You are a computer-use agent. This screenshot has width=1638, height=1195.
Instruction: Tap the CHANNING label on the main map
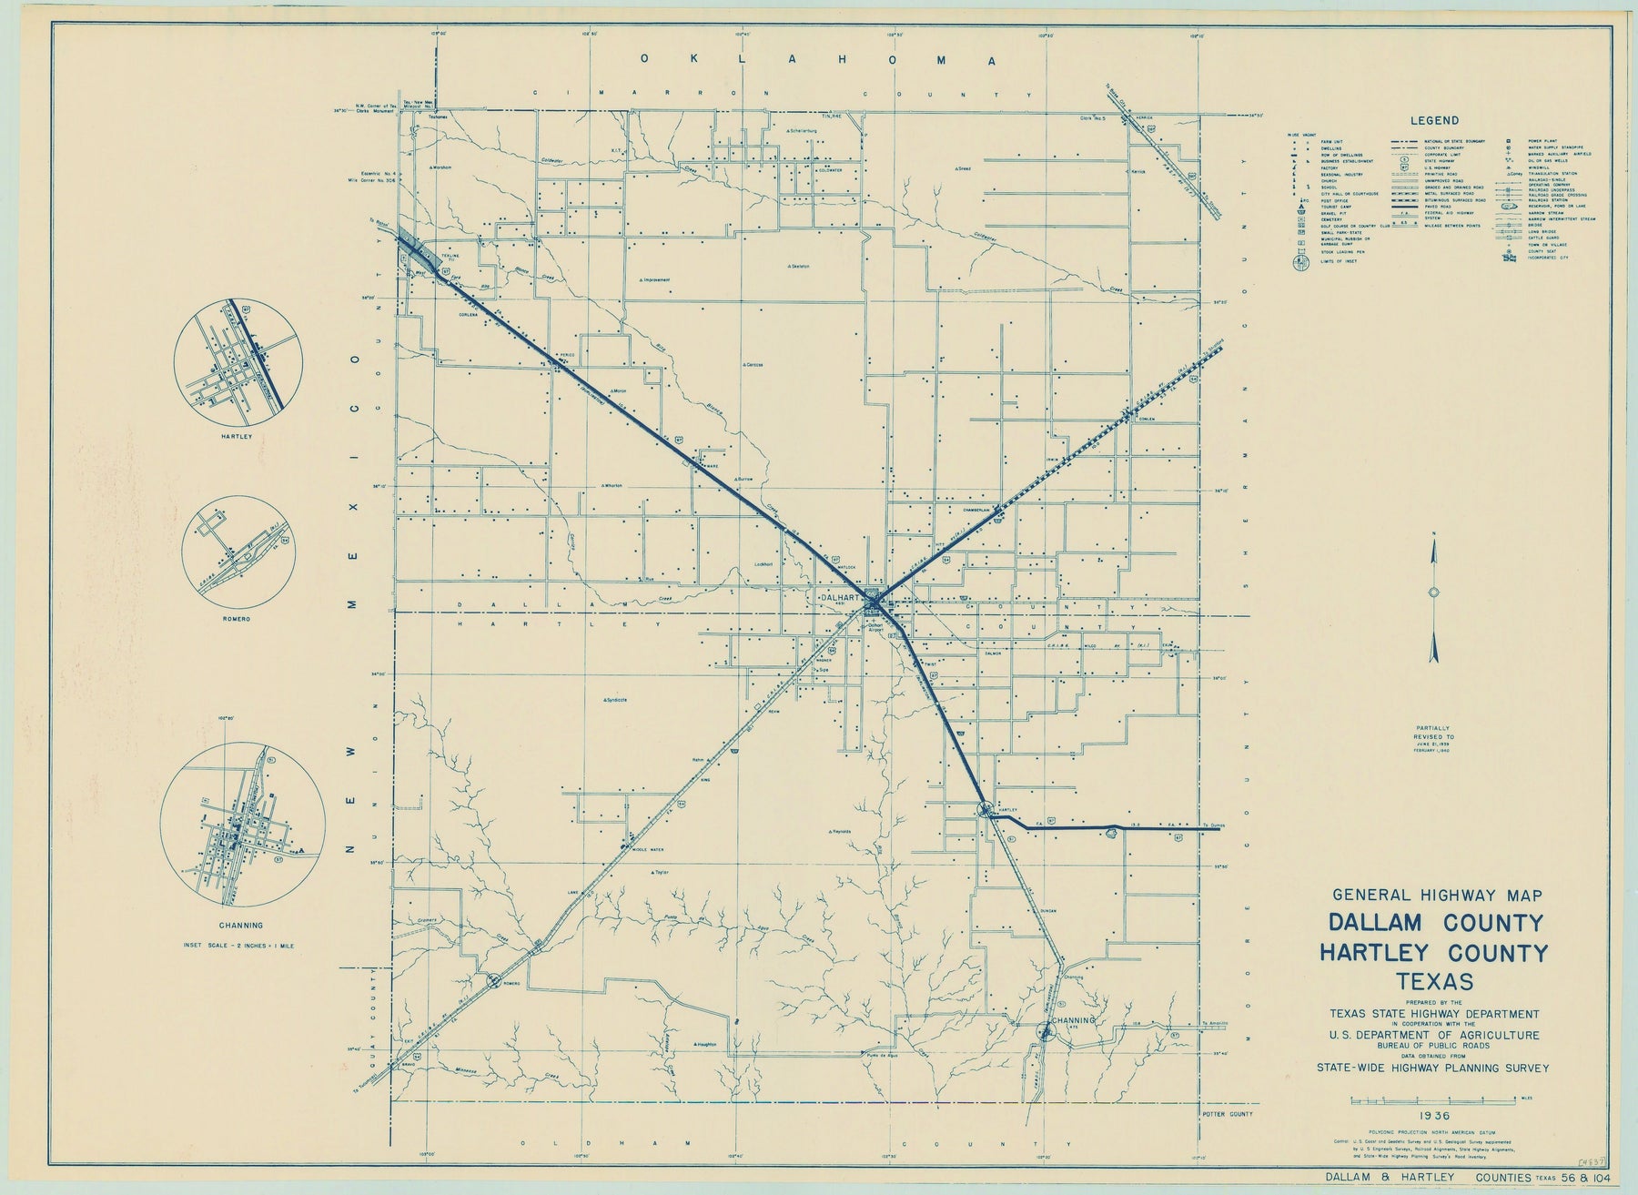coord(1073,1020)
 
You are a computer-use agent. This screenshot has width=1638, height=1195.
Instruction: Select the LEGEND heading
coord(1434,120)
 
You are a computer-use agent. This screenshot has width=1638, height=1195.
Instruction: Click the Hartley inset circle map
coord(238,367)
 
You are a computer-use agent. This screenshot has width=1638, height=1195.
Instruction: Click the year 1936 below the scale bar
coord(1431,1114)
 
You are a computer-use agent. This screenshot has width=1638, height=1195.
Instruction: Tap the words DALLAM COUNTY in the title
coord(1436,922)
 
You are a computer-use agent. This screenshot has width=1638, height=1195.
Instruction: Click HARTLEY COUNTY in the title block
coord(1436,953)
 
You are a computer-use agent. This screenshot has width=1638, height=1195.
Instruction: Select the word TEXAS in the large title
coord(1436,982)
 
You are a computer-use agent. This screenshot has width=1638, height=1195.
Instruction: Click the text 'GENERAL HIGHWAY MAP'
coord(1435,895)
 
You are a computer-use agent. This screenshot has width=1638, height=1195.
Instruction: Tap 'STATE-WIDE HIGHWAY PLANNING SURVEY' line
coord(1435,1068)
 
